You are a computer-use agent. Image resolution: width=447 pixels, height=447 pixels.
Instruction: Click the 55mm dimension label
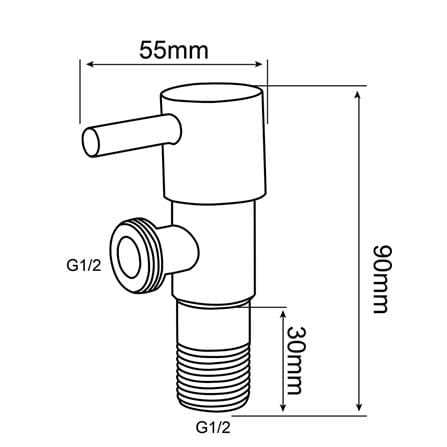(174, 50)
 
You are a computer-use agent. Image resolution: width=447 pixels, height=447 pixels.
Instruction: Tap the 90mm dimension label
(380, 279)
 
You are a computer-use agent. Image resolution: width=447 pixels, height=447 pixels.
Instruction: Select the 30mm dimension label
(296, 360)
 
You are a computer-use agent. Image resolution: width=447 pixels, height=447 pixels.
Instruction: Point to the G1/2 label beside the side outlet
(84, 266)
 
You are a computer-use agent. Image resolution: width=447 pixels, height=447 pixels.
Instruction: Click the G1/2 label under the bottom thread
(213, 427)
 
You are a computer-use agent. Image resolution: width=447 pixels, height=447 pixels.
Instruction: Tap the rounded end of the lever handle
(91, 143)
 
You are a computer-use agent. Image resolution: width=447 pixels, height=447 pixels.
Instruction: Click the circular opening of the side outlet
(129, 257)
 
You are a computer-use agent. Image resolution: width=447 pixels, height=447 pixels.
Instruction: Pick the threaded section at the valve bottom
(213, 378)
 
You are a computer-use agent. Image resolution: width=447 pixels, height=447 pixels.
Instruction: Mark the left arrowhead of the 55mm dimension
(91, 65)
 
